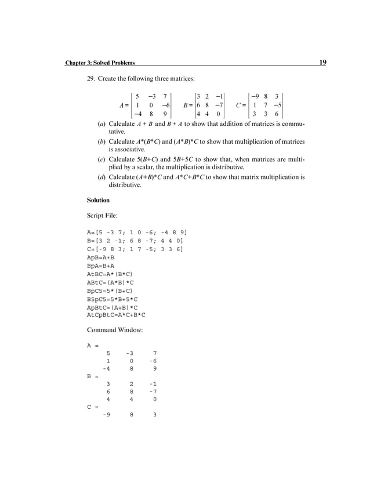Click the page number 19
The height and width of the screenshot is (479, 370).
coord(322,63)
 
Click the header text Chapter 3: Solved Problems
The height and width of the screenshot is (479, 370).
coord(100,63)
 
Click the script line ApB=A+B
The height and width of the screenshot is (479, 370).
coord(100,256)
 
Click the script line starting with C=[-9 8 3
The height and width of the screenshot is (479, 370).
coord(135,248)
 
